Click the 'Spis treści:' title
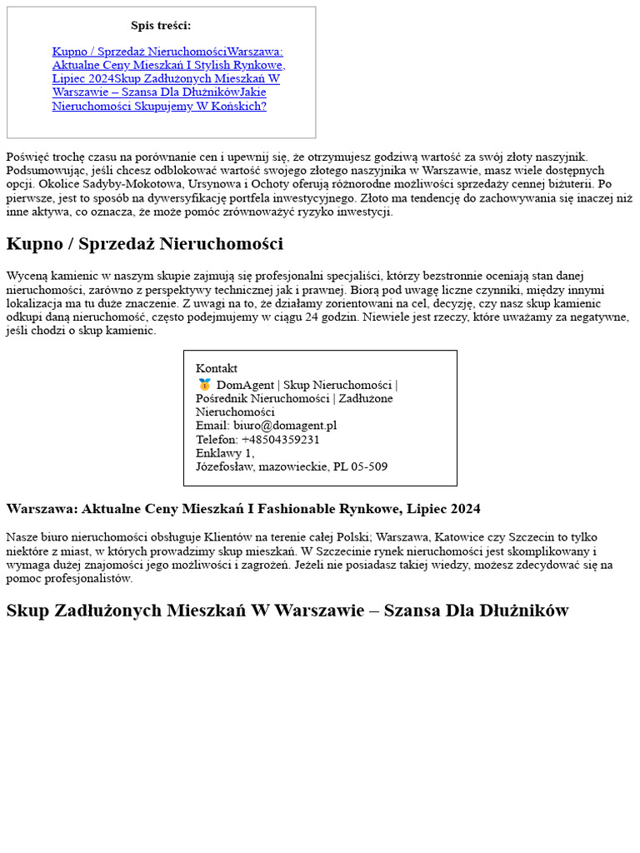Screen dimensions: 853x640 tap(161, 26)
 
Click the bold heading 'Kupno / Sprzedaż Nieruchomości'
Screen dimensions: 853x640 tap(145, 244)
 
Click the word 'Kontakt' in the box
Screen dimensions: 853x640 tap(217, 368)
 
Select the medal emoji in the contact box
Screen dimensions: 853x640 tap(204, 385)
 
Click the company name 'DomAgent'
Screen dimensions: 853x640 tap(245, 385)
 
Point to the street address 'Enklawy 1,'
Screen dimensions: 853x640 tap(225, 453)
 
